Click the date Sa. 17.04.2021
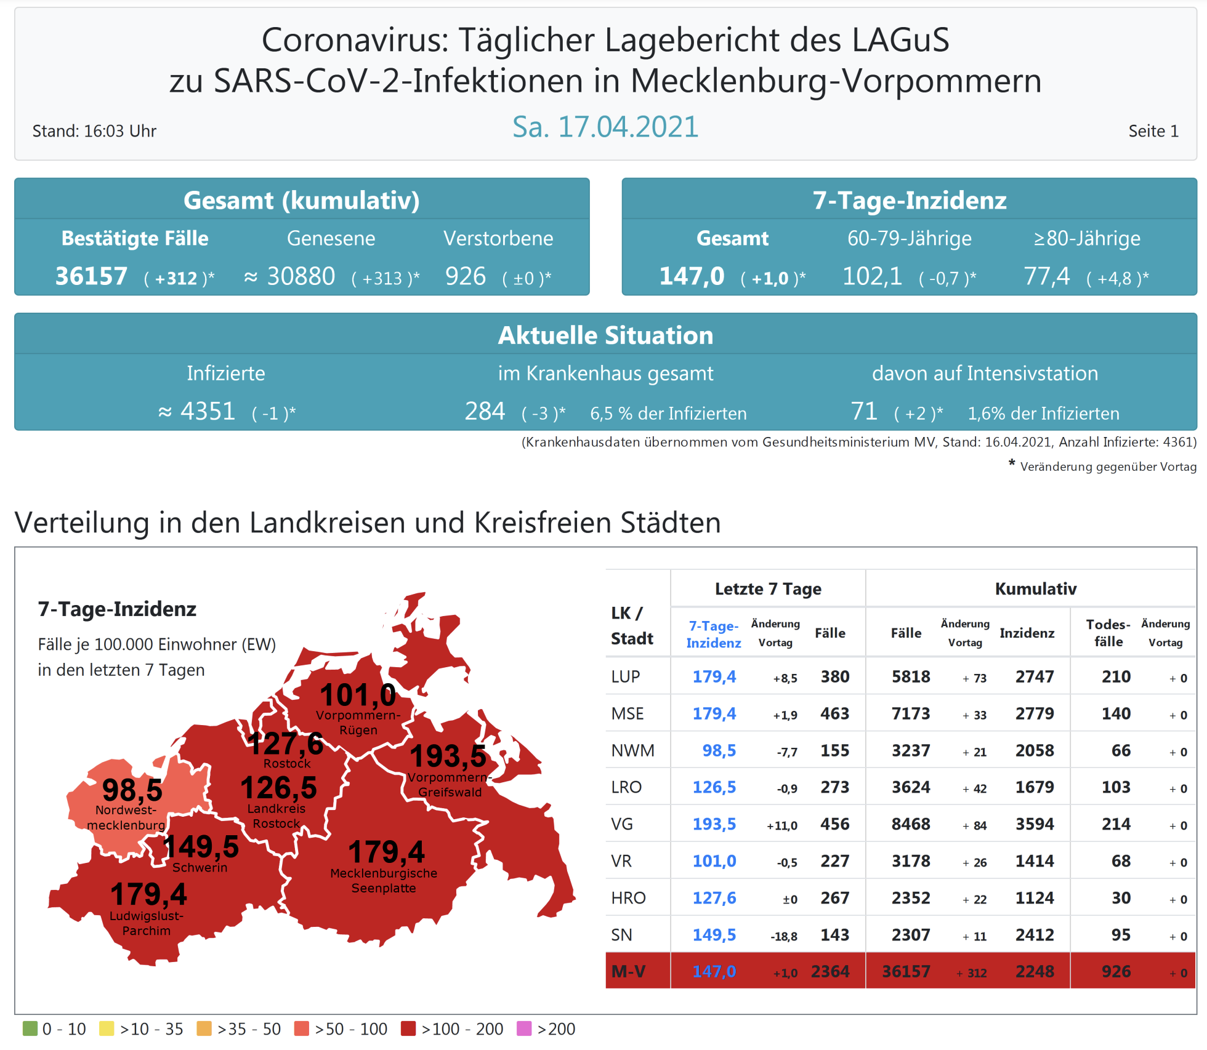click(605, 127)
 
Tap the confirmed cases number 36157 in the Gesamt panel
click(91, 276)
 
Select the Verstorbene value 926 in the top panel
click(466, 276)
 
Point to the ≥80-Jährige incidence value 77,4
click(1046, 276)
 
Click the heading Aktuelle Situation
click(605, 335)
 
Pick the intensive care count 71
click(864, 411)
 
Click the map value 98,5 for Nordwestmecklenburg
click(132, 790)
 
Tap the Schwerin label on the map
click(200, 868)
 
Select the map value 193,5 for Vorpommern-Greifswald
click(448, 756)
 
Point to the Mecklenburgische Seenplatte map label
click(384, 881)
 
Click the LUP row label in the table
click(626, 676)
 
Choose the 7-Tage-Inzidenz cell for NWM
click(719, 750)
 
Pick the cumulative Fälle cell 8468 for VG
click(911, 824)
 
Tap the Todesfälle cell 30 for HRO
click(1121, 898)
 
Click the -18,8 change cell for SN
click(783, 936)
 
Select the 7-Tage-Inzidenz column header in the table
click(714, 634)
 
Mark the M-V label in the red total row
click(628, 971)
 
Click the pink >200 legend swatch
click(524, 1028)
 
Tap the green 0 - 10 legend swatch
click(30, 1028)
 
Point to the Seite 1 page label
click(1153, 131)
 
